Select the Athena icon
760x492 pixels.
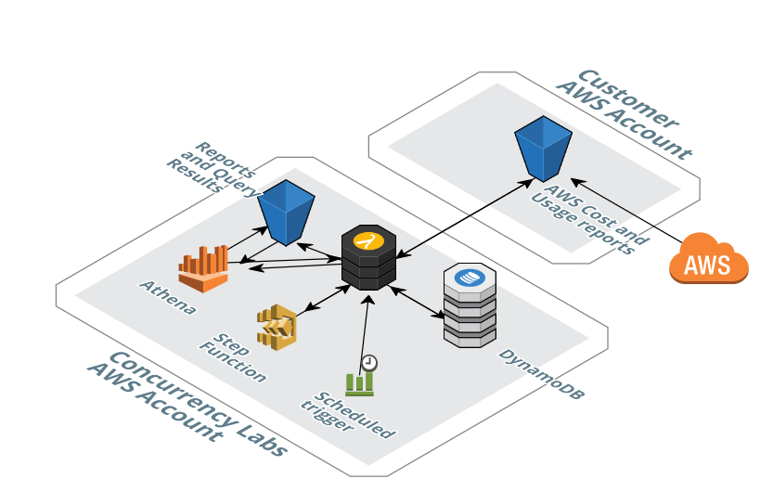(x=203, y=269)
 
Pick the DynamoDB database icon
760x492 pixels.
(x=470, y=305)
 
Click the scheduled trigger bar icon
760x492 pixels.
(x=359, y=382)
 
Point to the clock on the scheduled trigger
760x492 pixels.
(x=369, y=363)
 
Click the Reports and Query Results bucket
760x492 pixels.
(x=286, y=212)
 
